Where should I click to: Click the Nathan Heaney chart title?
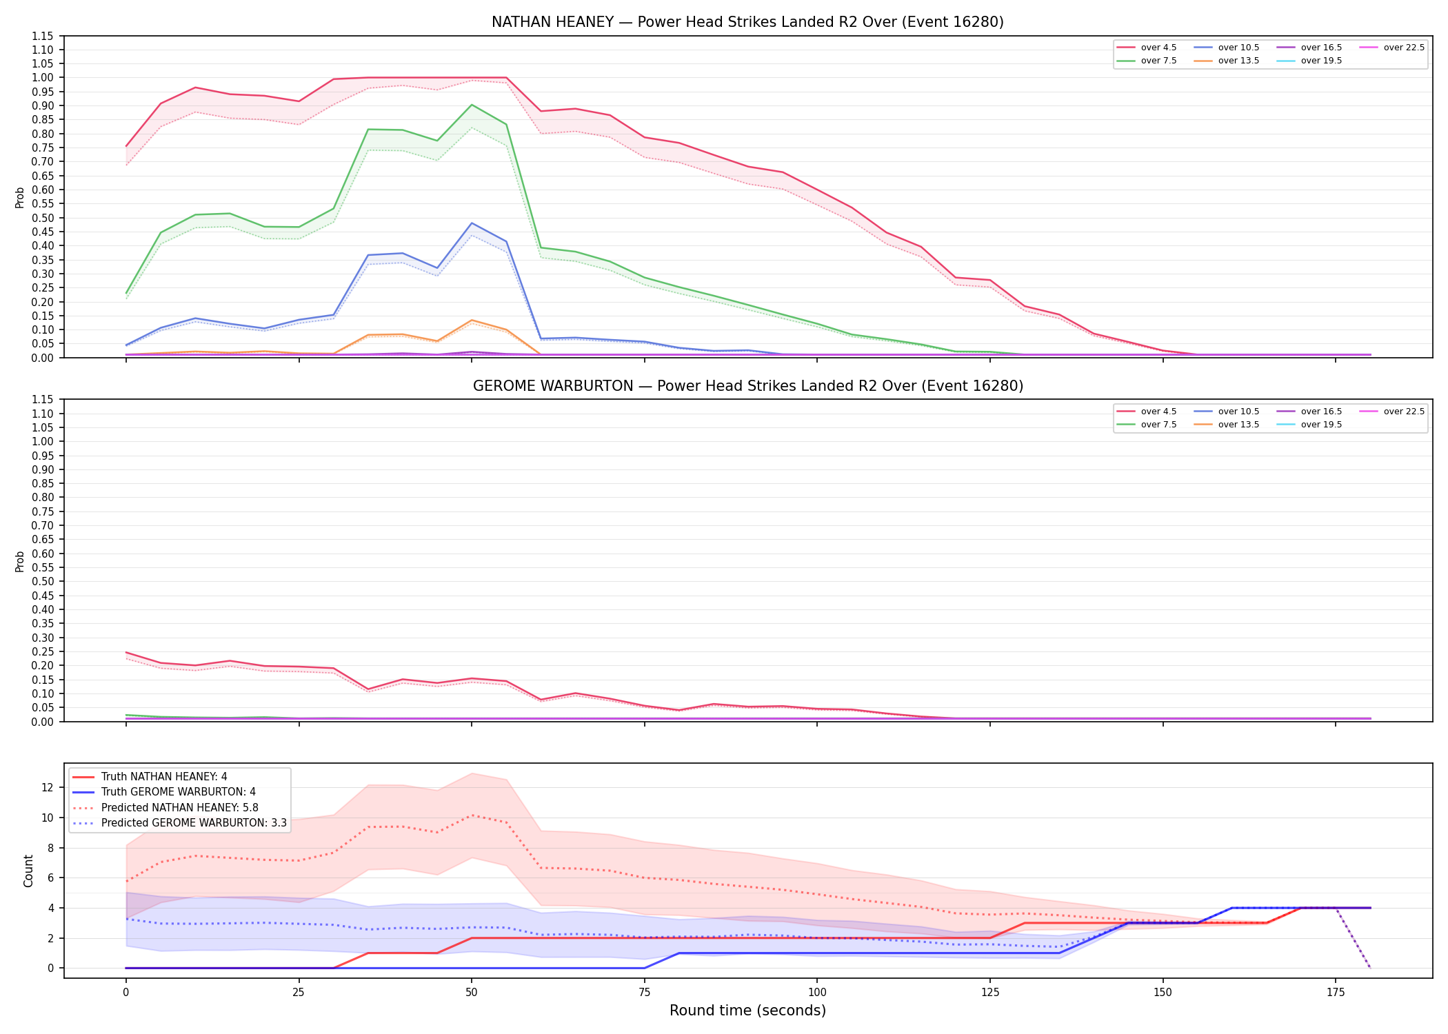click(747, 22)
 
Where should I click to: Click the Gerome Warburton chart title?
click(747, 386)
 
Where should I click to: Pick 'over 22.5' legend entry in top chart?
click(1392, 48)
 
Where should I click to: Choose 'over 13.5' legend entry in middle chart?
click(1227, 425)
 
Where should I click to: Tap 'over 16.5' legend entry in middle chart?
click(1309, 412)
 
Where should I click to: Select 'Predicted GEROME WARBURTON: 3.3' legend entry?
click(179, 823)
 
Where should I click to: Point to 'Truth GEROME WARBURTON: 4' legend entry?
click(164, 792)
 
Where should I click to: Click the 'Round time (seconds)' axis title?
click(747, 1011)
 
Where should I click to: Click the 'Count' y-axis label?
click(28, 871)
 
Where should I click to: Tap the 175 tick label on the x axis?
click(1336, 993)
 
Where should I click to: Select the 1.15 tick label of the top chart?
click(43, 36)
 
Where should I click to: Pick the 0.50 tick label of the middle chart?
click(43, 581)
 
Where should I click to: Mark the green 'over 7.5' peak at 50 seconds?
click(472, 105)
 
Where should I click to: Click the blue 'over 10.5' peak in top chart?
click(472, 223)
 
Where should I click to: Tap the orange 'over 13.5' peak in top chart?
click(472, 321)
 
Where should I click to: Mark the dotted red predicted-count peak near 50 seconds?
click(472, 815)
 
